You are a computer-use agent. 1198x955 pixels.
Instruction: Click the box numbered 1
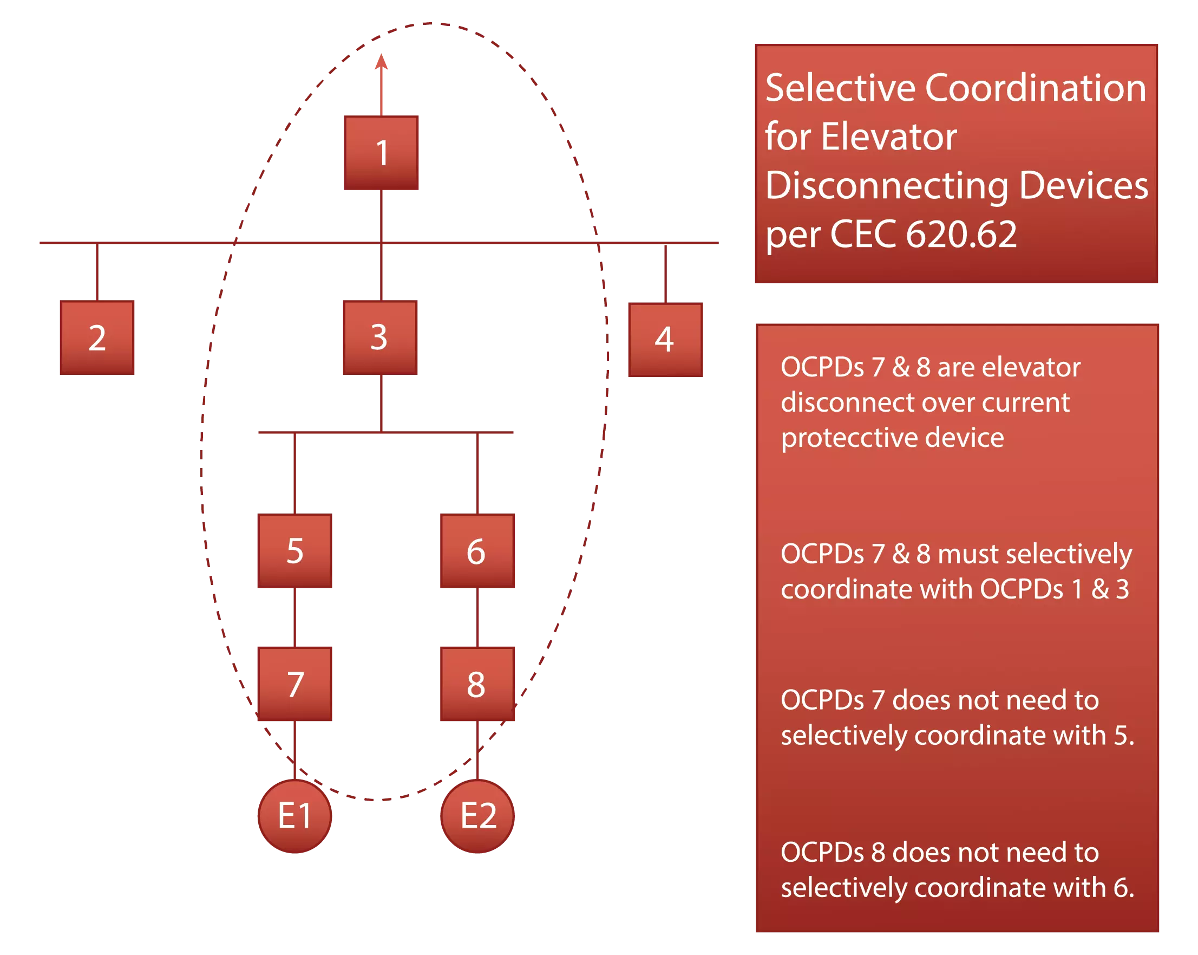pos(381,152)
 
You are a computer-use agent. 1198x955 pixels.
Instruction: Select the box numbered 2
pos(97,337)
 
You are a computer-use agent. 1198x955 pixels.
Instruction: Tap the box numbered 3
pos(381,337)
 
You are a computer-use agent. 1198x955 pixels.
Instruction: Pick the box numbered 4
pos(666,337)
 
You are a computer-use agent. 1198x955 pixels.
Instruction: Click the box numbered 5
pos(294,550)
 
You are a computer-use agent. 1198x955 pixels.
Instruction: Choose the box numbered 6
pos(476,550)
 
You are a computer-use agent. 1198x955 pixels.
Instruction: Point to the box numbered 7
pos(294,684)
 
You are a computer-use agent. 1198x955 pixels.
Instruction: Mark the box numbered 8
pos(476,684)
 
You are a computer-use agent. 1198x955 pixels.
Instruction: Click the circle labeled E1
pos(294,816)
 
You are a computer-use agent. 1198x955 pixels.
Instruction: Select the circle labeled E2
pos(477,816)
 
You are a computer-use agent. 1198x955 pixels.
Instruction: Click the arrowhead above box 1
pos(381,62)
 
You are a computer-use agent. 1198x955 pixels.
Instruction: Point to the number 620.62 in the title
pos(961,234)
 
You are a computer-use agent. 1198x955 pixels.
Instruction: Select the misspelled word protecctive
pos(892,438)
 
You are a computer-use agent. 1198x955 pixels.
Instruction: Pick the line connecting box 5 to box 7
pos(294,617)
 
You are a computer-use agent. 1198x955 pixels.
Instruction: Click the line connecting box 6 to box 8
pos(479,617)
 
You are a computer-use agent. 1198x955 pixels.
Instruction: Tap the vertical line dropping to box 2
pos(97,272)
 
